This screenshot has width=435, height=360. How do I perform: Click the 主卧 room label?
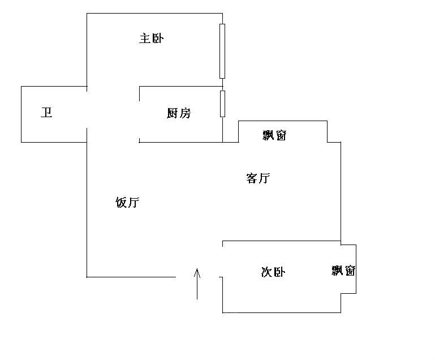pos(152,38)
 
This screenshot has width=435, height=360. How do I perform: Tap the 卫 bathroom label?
pos(46,113)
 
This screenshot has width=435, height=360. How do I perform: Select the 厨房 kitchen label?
pos(179,113)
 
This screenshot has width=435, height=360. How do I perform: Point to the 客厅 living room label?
pos(258,179)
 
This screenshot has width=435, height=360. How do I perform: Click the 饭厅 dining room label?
pos(127,203)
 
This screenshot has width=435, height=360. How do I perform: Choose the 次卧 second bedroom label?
pos(273,272)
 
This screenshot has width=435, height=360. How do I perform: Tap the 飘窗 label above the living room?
pos(275,135)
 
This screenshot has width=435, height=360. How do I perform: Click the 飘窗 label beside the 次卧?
pos(343,271)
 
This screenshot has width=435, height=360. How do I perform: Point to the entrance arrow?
pos(197,284)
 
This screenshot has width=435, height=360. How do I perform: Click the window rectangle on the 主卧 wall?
pos(222,51)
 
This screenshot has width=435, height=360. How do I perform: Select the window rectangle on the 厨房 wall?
pos(222,104)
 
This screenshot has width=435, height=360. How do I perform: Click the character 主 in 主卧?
pos(145,38)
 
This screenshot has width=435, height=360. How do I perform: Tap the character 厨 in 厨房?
pos(173,113)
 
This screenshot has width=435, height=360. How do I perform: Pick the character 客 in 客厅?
pos(252,179)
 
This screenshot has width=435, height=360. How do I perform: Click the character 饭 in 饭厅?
pos(121,203)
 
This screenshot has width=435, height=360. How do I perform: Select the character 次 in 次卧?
pos(267,272)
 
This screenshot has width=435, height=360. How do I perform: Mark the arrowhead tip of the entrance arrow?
pos(197,269)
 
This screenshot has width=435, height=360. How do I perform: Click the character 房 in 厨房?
pos(185,113)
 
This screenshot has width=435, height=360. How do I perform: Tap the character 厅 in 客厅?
pos(264,179)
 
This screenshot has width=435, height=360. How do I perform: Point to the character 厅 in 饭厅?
pos(133,203)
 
